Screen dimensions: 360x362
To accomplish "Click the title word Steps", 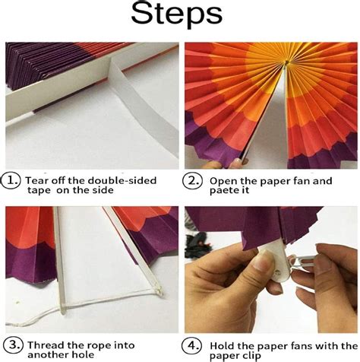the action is [x=176, y=14].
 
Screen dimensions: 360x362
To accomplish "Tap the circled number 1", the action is [x=11, y=180].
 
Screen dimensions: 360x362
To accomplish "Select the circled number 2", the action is [x=193, y=181].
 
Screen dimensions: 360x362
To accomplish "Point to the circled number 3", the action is [x=13, y=345].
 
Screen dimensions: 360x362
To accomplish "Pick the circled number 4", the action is [x=192, y=346].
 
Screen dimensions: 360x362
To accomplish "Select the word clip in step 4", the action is [x=250, y=356].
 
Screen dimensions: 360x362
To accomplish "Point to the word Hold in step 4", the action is [x=222, y=346].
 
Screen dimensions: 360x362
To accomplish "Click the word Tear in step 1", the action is [x=35, y=180].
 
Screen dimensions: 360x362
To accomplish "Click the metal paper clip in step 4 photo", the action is [x=303, y=262].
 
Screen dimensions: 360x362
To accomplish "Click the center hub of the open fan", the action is [x=286, y=62].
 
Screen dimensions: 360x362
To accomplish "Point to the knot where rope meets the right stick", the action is [x=159, y=291].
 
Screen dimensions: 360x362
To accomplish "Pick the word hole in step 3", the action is [x=83, y=355].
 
